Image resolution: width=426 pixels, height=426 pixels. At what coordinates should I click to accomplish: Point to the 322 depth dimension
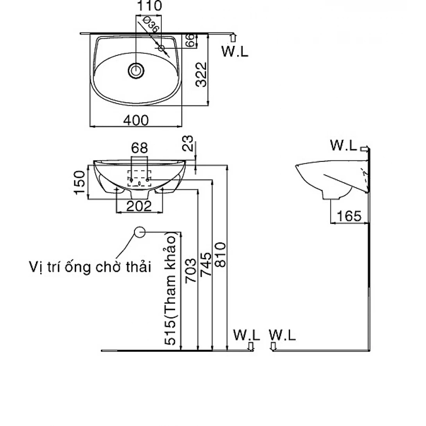201,74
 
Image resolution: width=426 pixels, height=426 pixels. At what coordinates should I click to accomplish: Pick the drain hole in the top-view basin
136,71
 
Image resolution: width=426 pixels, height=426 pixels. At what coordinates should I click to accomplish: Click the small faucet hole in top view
161,48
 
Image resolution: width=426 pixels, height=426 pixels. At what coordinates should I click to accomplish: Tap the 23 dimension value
188,142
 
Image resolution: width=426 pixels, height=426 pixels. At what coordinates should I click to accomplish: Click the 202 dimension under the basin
139,205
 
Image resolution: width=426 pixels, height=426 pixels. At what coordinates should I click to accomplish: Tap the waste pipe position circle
140,232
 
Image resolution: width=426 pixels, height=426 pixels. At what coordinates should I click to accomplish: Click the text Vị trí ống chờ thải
89,267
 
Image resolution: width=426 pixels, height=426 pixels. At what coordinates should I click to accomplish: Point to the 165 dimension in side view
349,216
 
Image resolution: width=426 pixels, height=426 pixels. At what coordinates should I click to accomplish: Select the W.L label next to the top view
235,52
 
